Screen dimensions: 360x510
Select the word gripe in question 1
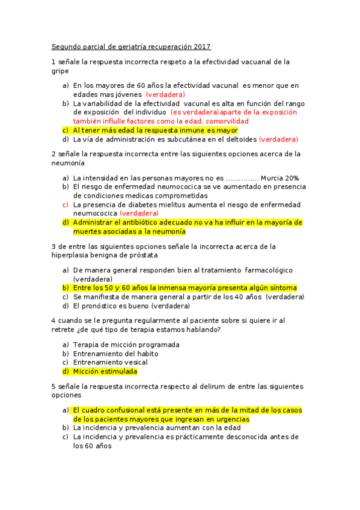click(60, 70)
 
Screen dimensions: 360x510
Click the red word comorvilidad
click(222, 121)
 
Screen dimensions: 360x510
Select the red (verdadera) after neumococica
click(139, 213)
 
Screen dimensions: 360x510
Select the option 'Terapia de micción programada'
click(126, 345)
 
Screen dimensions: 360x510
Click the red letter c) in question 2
click(65, 204)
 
